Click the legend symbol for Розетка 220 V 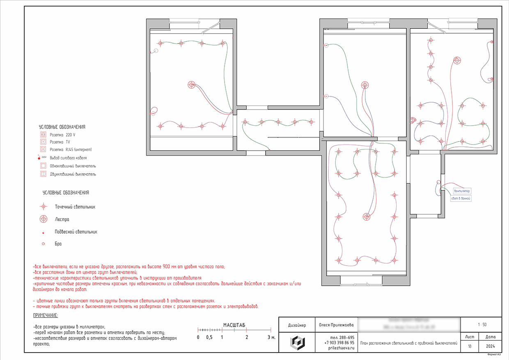tap(43, 134)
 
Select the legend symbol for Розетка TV tap(43, 142)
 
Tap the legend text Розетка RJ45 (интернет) tap(71, 149)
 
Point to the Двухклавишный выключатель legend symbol tap(43, 174)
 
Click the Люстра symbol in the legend tap(43, 219)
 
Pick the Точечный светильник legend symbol tap(43, 207)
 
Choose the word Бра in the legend tap(58, 244)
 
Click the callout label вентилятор tap(461, 191)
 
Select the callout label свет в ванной tap(461, 199)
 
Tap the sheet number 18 tap(469, 346)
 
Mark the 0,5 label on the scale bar tap(209, 337)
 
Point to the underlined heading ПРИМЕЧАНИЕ tap(45, 316)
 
